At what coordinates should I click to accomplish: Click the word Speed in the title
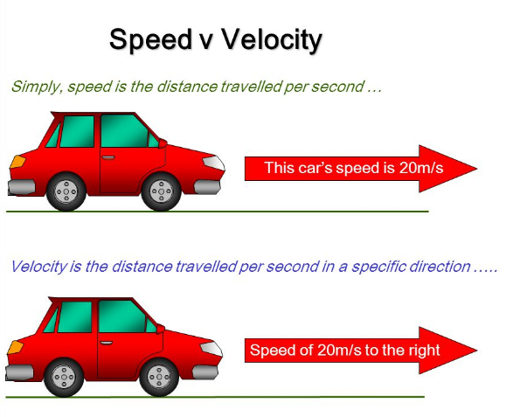coord(147,40)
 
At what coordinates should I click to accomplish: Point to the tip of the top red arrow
coord(475,168)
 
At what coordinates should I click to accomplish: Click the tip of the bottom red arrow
coord(475,351)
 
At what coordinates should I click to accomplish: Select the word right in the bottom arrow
coord(423,351)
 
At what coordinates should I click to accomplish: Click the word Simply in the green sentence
coord(32,87)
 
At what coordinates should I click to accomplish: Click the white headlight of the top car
coord(212,163)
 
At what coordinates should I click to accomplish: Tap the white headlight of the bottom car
coord(211,349)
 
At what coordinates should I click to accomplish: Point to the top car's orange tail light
coord(17,161)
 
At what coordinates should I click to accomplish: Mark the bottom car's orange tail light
coord(16,348)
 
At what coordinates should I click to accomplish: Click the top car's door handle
coord(108,158)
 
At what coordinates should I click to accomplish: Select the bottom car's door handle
coord(107,344)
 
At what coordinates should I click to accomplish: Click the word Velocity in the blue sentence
coord(38,267)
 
